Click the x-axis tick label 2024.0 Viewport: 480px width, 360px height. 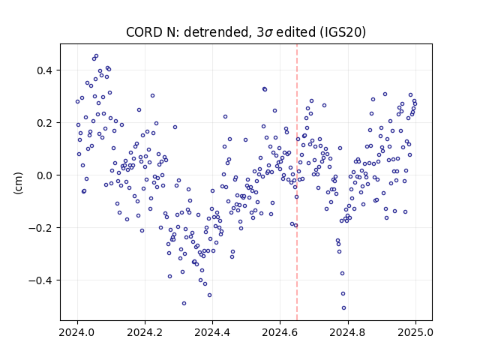coord(77,332)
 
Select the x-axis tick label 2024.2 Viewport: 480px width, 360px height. coord(145,332)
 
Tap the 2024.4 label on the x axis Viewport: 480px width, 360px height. coord(212,332)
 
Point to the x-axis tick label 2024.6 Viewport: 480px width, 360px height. coord(280,332)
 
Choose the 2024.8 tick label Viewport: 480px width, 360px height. coord(347,332)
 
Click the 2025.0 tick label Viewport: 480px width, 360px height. coord(415,332)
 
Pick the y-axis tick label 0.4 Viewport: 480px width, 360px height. coord(45,70)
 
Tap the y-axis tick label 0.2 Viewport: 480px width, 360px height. coord(45,123)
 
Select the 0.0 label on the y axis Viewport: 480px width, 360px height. coord(45,175)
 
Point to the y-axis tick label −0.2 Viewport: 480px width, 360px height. coord(40,228)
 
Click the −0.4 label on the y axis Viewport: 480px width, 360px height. coord(40,280)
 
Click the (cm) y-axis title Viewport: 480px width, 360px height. coord(18,182)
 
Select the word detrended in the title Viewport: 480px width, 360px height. coord(215,32)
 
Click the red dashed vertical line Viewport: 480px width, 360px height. coord(297,182)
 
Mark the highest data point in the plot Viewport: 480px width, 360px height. coord(96,56)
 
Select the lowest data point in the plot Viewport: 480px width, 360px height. coord(343,308)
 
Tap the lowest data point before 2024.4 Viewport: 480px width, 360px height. coord(184,303)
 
